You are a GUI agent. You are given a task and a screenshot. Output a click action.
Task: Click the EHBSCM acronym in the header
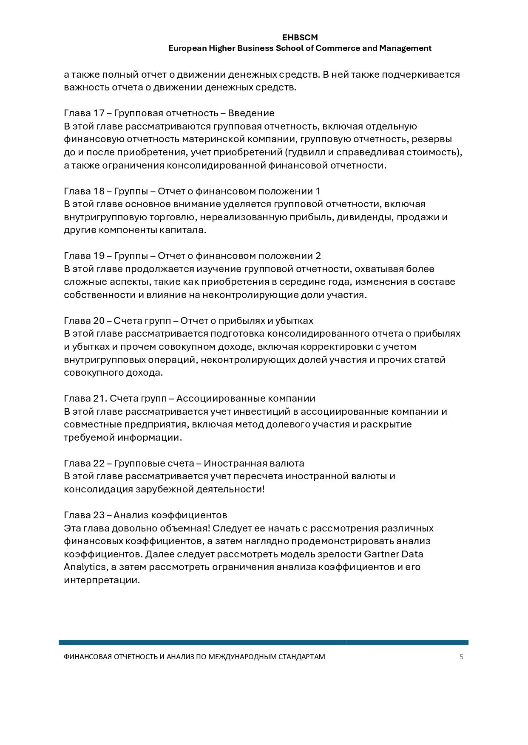pos(300,38)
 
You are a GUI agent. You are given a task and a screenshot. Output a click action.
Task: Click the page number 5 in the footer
pos(461,657)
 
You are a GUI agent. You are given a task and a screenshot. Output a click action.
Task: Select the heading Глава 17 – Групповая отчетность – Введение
pos(169,113)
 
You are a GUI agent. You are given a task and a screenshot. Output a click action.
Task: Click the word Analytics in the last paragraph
pos(85,567)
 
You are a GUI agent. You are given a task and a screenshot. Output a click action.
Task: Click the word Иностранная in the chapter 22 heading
pos(236,464)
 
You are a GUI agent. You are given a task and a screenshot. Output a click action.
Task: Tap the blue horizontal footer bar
pos(264,643)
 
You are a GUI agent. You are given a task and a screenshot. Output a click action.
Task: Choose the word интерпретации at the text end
pos(102,580)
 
